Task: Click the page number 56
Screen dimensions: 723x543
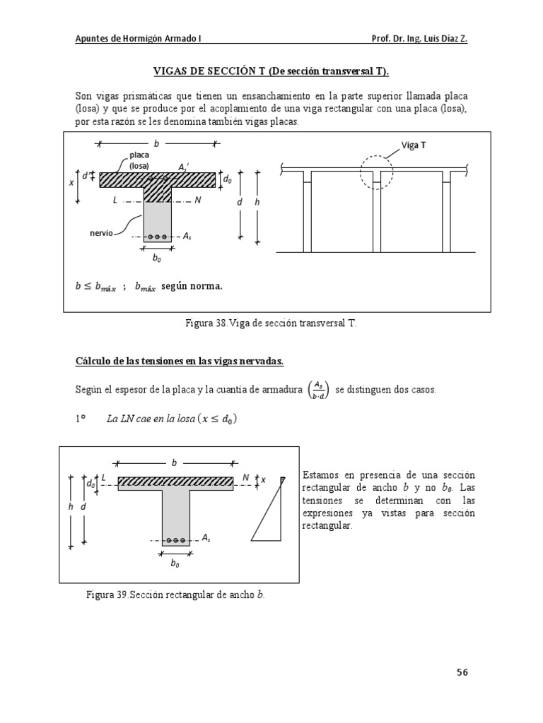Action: [462, 672]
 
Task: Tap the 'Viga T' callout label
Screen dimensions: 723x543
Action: [414, 145]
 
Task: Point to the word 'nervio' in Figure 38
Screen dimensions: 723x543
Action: [101, 231]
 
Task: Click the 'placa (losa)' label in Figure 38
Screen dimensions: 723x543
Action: [139, 160]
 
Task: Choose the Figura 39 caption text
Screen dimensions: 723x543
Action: [175, 594]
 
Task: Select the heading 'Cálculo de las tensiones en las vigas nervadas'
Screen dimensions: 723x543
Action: [180, 361]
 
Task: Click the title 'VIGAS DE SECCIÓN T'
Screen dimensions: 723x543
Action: [271, 71]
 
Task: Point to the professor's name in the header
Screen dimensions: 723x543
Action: [419, 40]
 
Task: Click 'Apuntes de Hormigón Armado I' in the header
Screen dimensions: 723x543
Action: [139, 40]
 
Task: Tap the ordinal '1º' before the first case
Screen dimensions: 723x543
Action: [81, 419]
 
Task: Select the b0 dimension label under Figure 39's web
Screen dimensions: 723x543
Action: [175, 564]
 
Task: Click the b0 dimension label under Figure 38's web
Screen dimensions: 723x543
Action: [156, 259]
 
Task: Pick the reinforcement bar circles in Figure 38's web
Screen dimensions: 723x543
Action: [157, 237]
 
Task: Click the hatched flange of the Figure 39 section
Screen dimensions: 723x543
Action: [175, 482]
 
